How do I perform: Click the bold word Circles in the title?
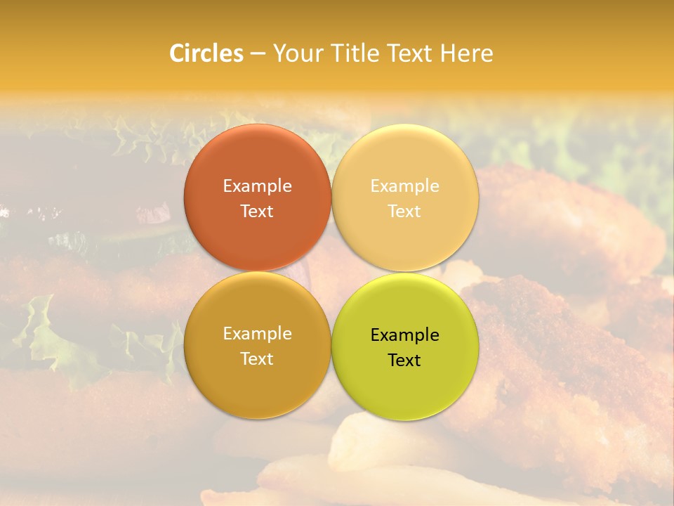[x=206, y=53]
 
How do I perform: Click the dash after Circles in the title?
[x=257, y=53]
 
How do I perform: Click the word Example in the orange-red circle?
[x=257, y=186]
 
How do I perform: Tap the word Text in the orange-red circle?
[x=257, y=211]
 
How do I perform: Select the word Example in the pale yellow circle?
[x=405, y=186]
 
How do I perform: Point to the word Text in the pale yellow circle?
[x=405, y=211]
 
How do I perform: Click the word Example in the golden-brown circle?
[x=257, y=334]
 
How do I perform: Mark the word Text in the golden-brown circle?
[x=257, y=358]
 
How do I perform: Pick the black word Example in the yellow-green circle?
[x=405, y=335]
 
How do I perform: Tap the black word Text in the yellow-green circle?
[x=405, y=360]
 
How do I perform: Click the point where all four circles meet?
[x=331, y=272]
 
